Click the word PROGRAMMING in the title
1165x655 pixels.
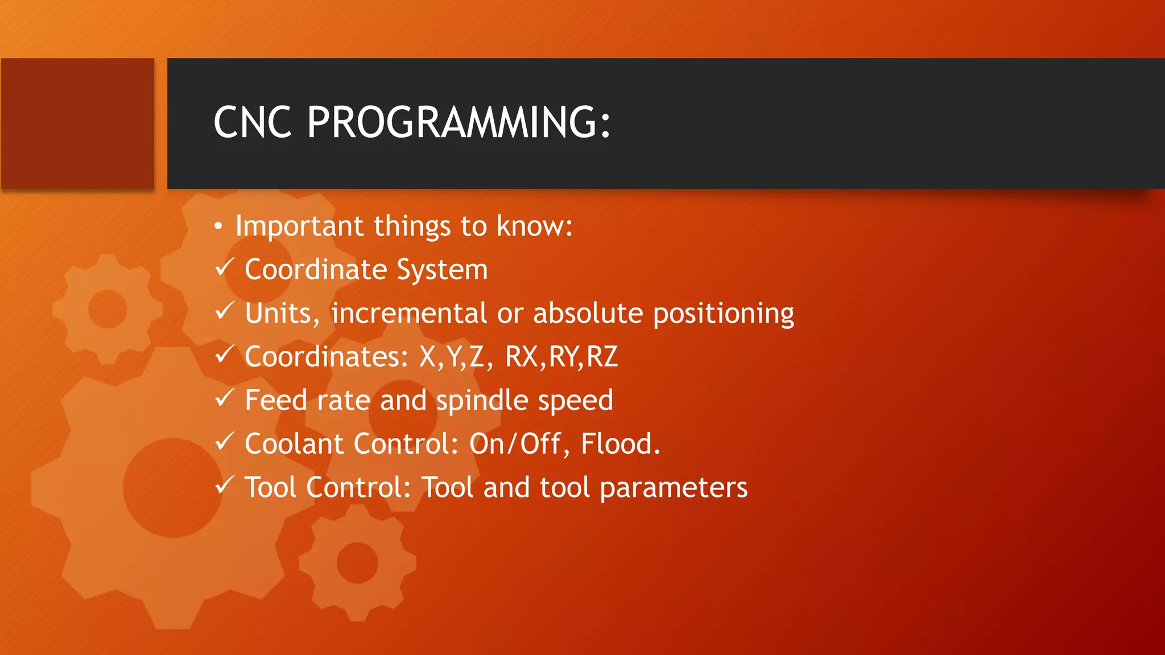pos(458,123)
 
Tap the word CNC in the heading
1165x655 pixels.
pos(253,123)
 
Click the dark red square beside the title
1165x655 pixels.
pos(78,123)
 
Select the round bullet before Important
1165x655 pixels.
pos(218,227)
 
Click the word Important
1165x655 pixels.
pos(299,226)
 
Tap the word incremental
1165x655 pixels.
pos(409,313)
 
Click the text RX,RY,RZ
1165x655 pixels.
pos(561,357)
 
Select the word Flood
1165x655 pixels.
pos(620,444)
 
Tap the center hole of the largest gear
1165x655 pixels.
pos(172,487)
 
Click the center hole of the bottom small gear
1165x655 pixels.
pos(357,563)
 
